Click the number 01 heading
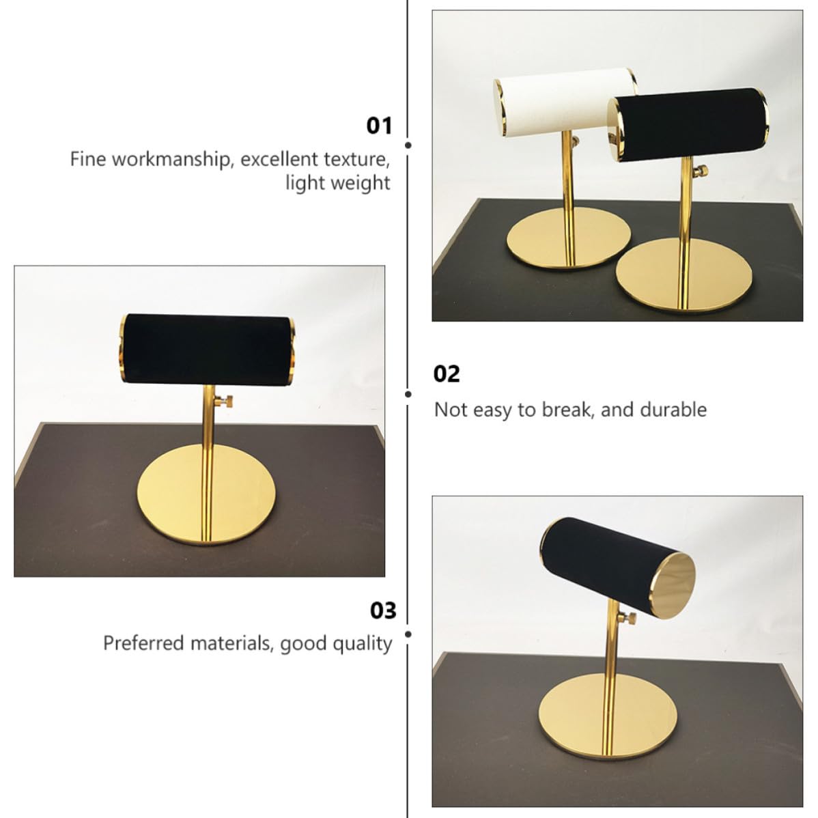tap(379, 126)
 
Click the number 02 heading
tap(447, 374)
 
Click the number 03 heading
tap(383, 610)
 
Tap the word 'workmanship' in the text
tap(171, 160)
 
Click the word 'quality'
tap(362, 645)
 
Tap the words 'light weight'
tap(337, 183)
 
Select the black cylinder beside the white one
tap(688, 125)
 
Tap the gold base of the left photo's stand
tap(207, 494)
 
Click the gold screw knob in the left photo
tap(225, 401)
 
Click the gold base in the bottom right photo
tap(608, 716)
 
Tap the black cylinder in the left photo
tap(207, 349)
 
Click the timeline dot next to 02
tap(408, 395)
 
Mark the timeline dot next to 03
tap(408, 634)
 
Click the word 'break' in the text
tap(568, 410)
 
